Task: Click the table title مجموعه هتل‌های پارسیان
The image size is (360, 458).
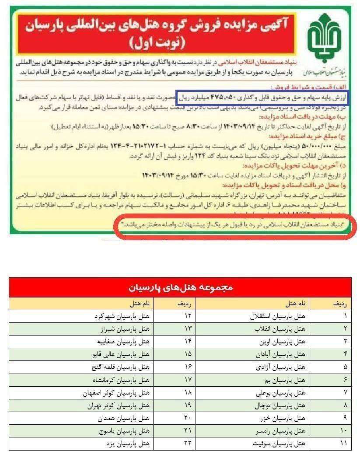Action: pyautogui.click(x=180, y=287)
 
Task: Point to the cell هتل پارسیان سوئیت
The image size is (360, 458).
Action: pyautogui.click(x=284, y=444)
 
